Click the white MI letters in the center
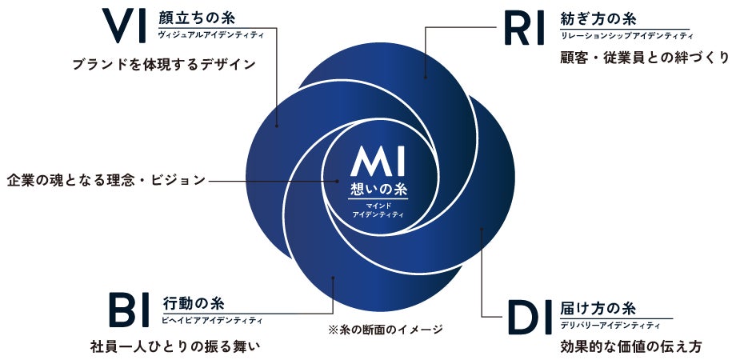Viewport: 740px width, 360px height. click(378, 163)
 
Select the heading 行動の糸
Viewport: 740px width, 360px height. click(193, 303)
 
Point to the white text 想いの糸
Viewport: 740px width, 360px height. click(379, 190)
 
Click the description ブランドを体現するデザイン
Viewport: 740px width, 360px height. click(164, 65)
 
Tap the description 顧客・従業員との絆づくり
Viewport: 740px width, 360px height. click(645, 58)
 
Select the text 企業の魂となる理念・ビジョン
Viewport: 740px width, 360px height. click(105, 180)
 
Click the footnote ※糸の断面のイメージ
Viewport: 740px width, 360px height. click(384, 329)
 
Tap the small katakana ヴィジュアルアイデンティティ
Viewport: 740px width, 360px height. click(211, 35)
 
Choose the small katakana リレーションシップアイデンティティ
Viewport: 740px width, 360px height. click(626, 35)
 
